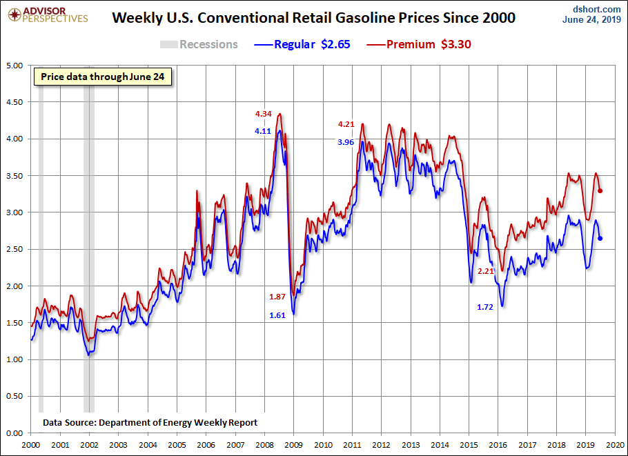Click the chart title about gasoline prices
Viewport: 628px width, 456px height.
[x=313, y=18]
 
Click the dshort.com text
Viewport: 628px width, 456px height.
[x=596, y=8]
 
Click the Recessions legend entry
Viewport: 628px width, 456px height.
[x=199, y=45]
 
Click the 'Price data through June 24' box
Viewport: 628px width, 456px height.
[x=102, y=77]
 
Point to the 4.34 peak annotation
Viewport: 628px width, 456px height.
[x=263, y=113]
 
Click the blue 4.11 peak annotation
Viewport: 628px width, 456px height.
[x=263, y=130]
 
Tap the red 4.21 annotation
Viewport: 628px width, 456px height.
[x=346, y=124]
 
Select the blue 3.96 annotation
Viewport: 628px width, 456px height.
[x=346, y=141]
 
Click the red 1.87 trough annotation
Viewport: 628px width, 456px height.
[x=277, y=296]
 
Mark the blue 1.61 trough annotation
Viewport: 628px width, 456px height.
[x=277, y=315]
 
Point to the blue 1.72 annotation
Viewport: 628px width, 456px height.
[x=486, y=306]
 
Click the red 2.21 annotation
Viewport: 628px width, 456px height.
[x=486, y=271]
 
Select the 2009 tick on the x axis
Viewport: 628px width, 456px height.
[x=294, y=445]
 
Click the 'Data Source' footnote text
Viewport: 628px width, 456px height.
[x=150, y=422]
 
